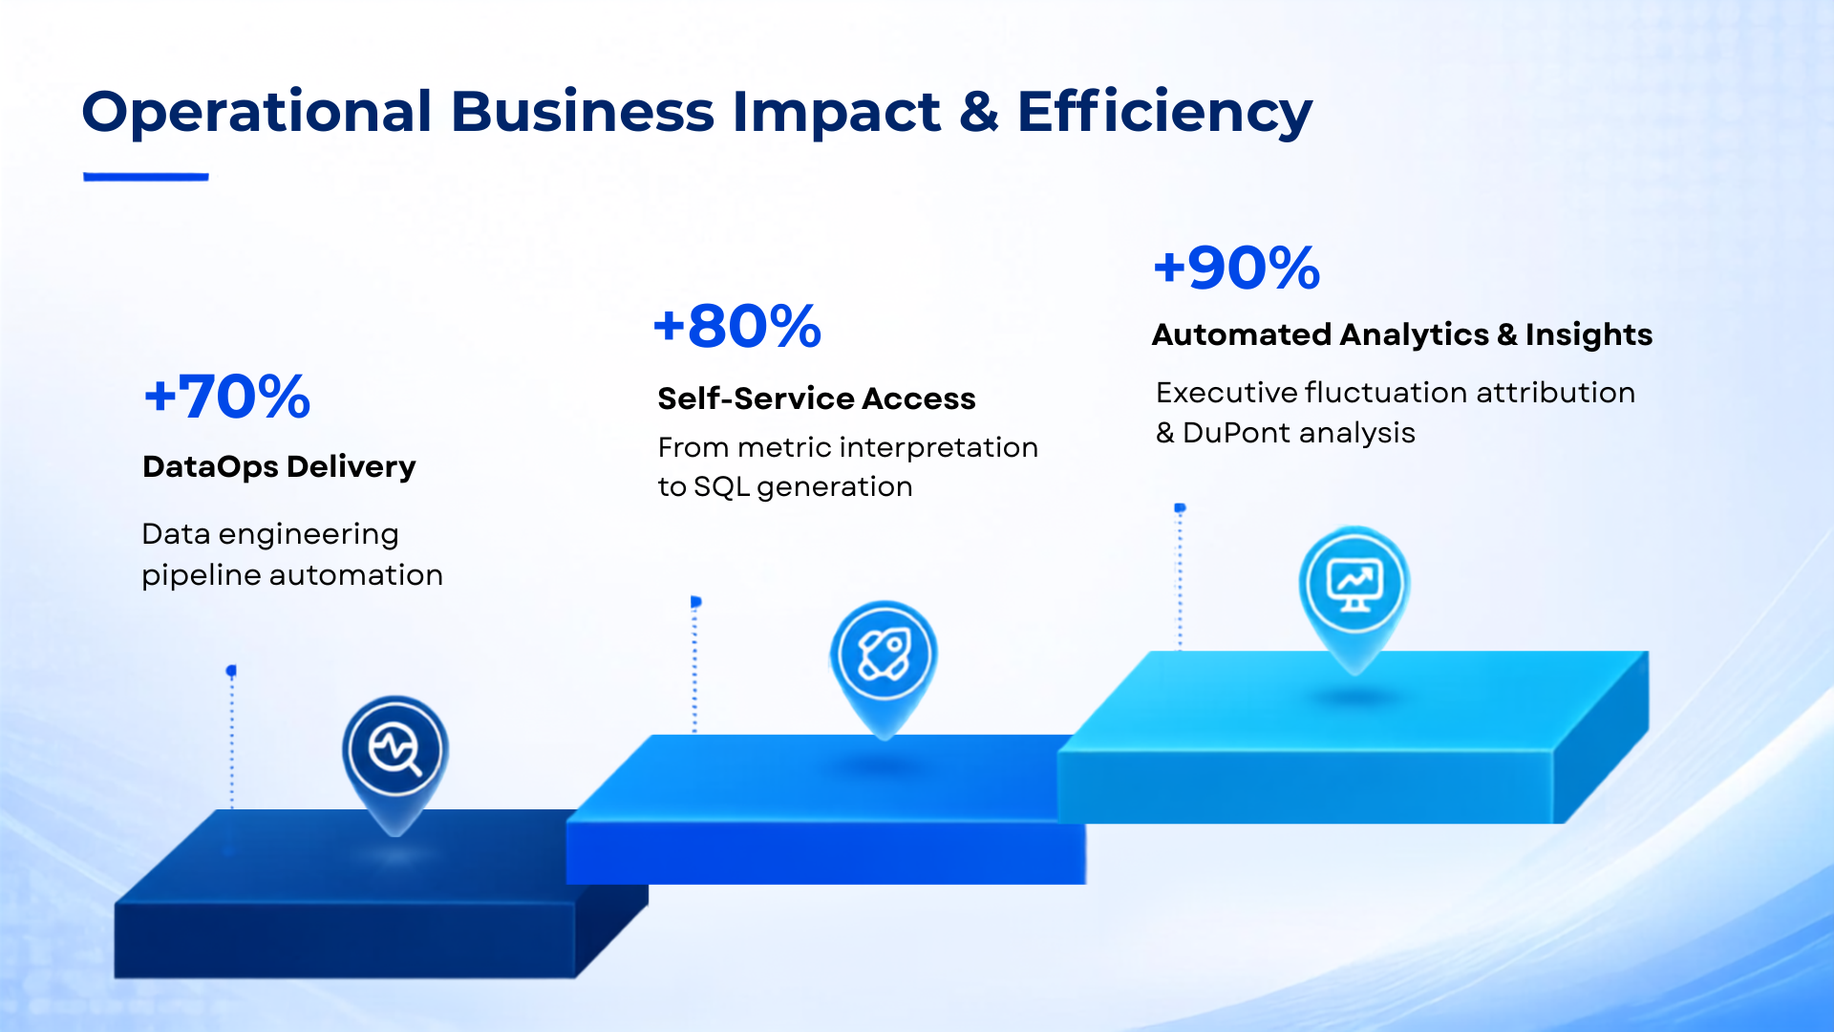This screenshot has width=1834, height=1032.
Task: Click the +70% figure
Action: point(227,397)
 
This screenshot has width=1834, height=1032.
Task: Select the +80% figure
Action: point(737,326)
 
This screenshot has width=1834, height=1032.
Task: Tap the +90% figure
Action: point(1237,268)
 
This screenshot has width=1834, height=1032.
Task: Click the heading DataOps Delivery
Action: point(279,466)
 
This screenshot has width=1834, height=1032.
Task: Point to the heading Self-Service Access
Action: point(817,398)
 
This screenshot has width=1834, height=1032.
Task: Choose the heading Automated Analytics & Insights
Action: point(1402,334)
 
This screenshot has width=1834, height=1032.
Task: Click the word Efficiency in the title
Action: point(1165,113)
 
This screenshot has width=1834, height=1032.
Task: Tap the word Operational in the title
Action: point(258,113)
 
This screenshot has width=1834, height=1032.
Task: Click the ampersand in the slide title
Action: point(979,112)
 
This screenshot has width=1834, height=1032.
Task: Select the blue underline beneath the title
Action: point(146,177)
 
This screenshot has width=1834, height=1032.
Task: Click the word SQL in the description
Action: point(721,487)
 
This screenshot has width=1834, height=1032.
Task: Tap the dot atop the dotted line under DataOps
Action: point(231,671)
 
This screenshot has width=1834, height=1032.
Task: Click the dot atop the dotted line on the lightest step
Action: point(1180,508)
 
